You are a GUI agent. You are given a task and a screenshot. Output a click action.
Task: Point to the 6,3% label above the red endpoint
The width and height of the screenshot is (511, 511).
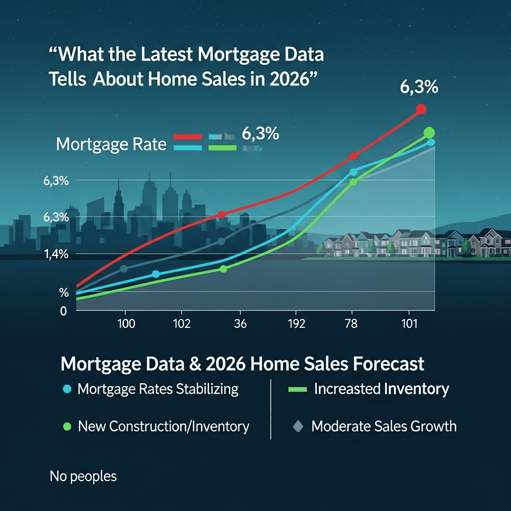(419, 87)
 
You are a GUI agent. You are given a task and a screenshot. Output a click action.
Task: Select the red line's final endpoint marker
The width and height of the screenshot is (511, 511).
(421, 109)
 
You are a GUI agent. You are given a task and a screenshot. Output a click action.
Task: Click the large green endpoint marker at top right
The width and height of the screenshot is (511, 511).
(429, 133)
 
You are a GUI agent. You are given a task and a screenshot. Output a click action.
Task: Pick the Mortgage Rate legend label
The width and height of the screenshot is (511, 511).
(111, 145)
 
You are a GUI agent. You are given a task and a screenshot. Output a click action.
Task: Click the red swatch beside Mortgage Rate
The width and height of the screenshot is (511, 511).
(187, 136)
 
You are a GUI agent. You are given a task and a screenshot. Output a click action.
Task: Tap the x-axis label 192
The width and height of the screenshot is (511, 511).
(296, 323)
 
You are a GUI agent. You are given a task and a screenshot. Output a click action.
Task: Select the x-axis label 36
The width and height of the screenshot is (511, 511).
(241, 323)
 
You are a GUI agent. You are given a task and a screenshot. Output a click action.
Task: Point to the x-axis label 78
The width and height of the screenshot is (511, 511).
(352, 323)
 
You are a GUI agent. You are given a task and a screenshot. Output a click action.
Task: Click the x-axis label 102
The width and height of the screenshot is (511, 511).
(182, 323)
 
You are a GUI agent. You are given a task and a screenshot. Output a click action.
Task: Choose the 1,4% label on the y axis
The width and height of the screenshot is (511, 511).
(56, 254)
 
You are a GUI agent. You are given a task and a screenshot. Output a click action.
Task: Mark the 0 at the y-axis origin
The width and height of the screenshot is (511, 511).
(63, 311)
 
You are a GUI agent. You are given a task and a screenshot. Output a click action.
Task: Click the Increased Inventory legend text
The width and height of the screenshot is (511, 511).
(381, 389)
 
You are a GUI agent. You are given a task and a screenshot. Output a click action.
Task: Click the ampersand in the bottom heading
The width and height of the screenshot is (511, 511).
(191, 364)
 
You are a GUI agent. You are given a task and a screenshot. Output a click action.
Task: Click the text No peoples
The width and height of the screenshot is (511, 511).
(83, 477)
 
